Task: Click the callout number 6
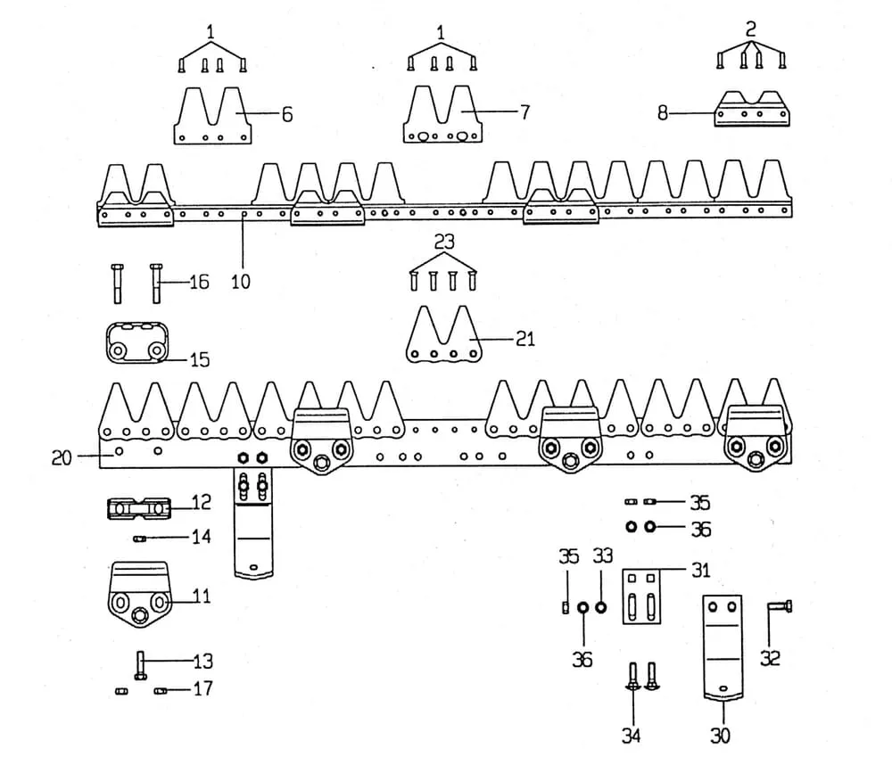pos(287,114)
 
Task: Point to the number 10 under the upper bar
pos(240,282)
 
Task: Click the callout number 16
pos(199,282)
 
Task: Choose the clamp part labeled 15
pos(135,342)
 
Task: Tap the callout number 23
pos(443,242)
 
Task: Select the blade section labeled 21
pos(443,337)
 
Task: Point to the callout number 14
pos(201,538)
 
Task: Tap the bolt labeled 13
pos(141,664)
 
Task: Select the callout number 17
pos(203,689)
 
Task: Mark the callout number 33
pos(603,556)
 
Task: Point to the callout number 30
pos(720,736)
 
